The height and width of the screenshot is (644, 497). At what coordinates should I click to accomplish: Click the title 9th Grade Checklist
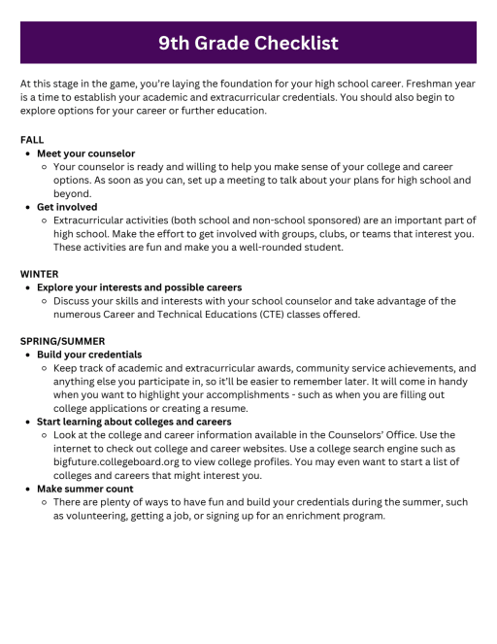pyautogui.click(x=248, y=43)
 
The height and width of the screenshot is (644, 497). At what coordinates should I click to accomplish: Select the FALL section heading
pyautogui.click(x=32, y=140)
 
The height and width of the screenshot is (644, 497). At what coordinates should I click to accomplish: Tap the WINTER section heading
pyautogui.click(x=40, y=274)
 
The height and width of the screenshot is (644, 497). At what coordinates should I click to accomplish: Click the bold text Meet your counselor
pyautogui.click(x=85, y=153)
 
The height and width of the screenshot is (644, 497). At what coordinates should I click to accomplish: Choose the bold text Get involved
pyautogui.click(x=67, y=207)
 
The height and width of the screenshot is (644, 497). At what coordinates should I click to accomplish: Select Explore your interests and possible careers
pyautogui.click(x=139, y=288)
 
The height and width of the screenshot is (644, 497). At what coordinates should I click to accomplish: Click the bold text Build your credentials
pyautogui.click(x=89, y=355)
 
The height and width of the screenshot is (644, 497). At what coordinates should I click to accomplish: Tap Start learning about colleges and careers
pyautogui.click(x=134, y=422)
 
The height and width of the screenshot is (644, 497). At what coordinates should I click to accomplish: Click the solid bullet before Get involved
pyautogui.click(x=27, y=207)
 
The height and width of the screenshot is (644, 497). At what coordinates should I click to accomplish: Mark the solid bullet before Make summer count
pyautogui.click(x=27, y=489)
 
